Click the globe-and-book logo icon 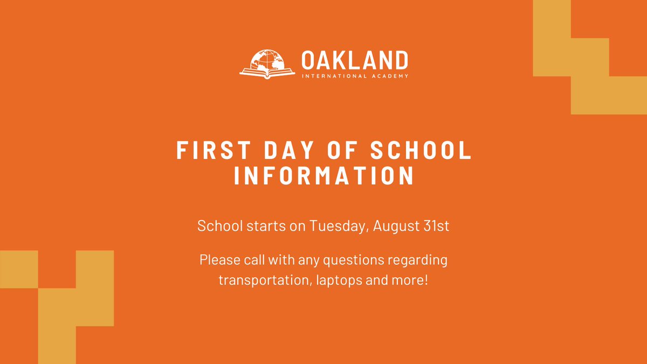click(267, 64)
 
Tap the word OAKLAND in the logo click(355, 60)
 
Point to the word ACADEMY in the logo click(391, 76)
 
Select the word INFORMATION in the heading click(324, 177)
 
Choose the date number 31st click(436, 225)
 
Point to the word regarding click(421, 260)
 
